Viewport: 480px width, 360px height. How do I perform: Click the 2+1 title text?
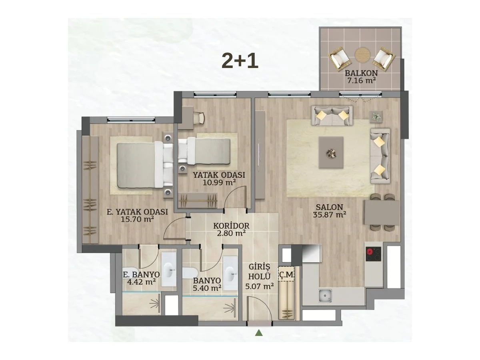coord(240,62)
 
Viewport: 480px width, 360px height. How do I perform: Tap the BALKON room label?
coord(361,73)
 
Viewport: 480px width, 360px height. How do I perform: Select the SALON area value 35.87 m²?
coord(329,214)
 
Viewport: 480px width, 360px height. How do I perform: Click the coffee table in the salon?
coord(331,152)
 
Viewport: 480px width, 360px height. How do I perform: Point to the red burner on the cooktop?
coord(369,252)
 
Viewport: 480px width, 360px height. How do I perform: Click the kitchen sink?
coord(325,295)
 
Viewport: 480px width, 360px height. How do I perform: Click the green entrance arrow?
coord(259,333)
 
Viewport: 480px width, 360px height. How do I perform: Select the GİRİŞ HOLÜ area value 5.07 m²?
coord(259,286)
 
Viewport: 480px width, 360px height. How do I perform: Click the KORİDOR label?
coord(231,226)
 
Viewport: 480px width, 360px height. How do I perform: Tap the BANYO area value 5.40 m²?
coord(207,288)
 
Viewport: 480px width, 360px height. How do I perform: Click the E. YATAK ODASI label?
coord(137,212)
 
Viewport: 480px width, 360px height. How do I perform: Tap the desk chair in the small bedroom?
coord(199,118)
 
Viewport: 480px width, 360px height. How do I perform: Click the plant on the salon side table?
coord(376,117)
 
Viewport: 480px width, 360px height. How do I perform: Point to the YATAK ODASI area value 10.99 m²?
coord(219,182)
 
